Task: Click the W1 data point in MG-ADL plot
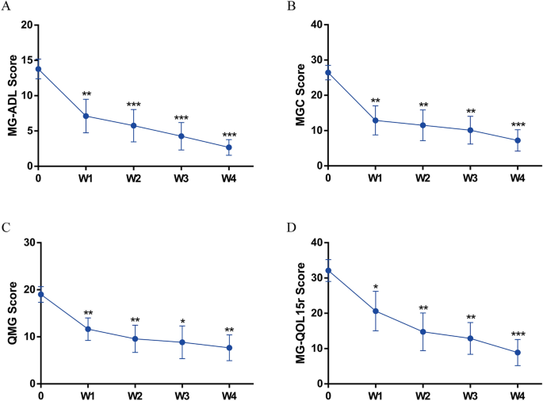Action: tap(86, 116)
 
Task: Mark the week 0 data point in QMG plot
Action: tap(38, 295)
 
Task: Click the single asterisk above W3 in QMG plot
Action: tap(183, 322)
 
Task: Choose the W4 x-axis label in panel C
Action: tap(229, 395)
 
